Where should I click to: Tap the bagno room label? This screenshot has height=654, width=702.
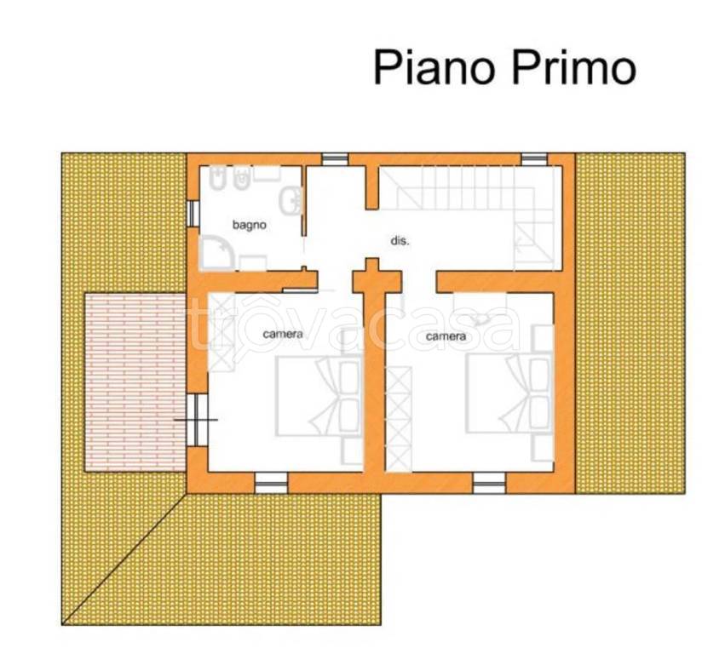[x=250, y=226]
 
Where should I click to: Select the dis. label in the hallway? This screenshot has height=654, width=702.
[x=400, y=241]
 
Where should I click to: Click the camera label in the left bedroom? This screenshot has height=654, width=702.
[x=283, y=334]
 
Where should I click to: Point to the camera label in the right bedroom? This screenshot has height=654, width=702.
[x=446, y=336]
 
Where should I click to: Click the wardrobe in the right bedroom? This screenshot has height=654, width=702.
[x=397, y=417]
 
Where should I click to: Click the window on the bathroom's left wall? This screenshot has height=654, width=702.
[x=191, y=214]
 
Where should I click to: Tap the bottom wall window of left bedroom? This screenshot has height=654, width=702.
[x=271, y=483]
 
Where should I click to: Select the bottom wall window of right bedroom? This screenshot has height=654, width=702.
[x=489, y=483]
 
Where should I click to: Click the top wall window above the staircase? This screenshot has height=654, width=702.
[x=533, y=158]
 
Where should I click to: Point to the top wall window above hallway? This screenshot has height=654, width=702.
[x=334, y=158]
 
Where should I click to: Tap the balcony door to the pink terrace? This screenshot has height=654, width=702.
[x=197, y=419]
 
